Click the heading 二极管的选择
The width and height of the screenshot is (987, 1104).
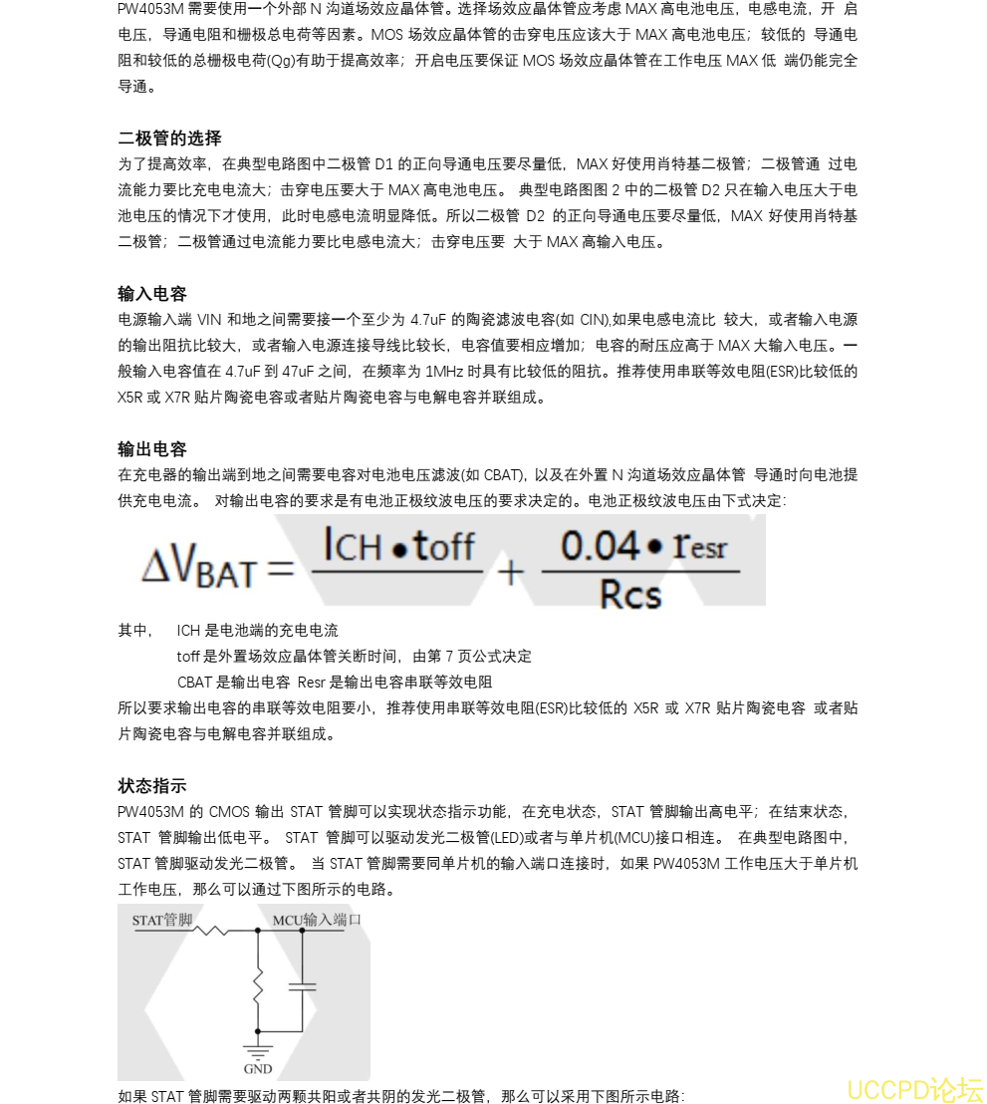(169, 138)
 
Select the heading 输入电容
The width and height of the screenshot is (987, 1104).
(152, 293)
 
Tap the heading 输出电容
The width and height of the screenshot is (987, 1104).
(152, 448)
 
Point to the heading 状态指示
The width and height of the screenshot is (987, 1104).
(152, 785)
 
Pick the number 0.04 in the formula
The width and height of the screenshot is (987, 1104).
(600, 546)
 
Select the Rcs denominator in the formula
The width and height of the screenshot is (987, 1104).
(630, 595)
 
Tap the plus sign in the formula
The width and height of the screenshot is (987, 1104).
(510, 572)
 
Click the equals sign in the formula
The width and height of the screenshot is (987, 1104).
(280, 571)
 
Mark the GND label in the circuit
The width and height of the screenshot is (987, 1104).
(258, 1069)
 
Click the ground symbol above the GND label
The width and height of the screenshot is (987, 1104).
(258, 1048)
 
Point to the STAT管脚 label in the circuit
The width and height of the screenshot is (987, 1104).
(162, 920)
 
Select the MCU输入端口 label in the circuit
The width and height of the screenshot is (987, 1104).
(317, 920)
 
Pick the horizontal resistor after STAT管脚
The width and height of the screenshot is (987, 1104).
(211, 931)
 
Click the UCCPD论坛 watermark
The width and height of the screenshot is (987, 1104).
(914, 1089)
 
